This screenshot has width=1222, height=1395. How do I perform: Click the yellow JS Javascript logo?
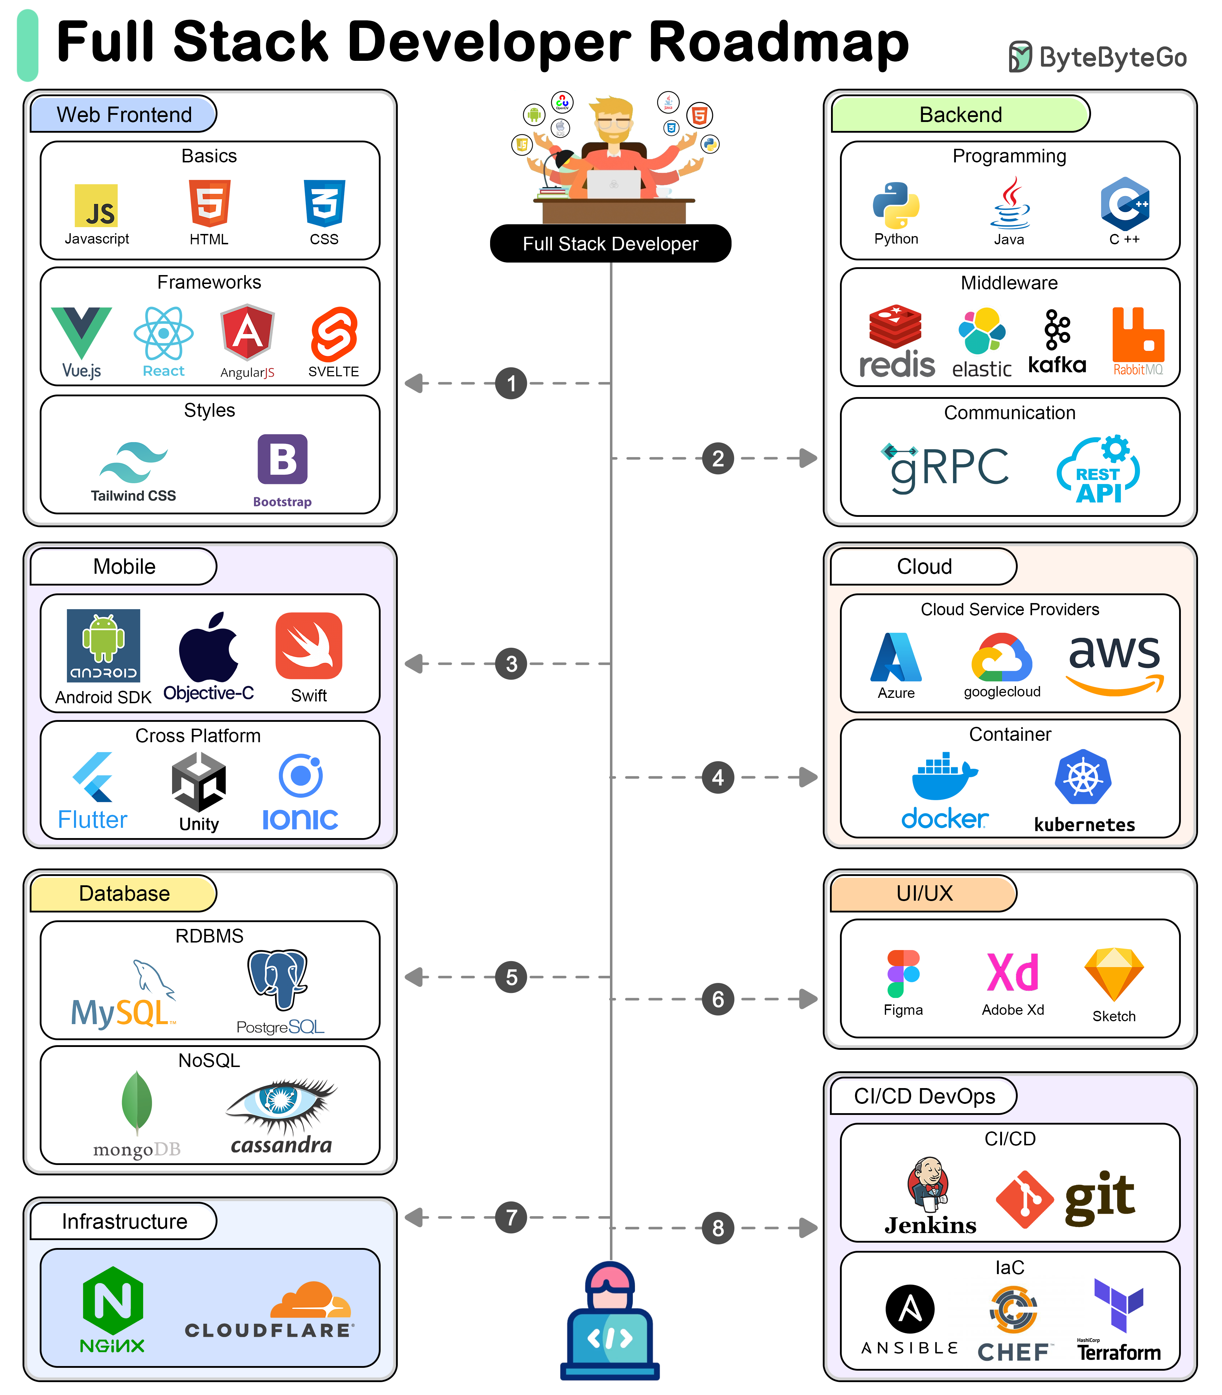point(96,205)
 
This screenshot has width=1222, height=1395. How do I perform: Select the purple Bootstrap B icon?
point(282,459)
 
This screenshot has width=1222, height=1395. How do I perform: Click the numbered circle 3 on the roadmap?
point(512,664)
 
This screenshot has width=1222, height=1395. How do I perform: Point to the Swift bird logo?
point(309,646)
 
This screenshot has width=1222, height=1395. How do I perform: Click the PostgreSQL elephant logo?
point(278,979)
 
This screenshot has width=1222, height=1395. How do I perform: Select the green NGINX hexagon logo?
point(113,1301)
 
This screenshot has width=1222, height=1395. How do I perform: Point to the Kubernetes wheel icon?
point(1083,777)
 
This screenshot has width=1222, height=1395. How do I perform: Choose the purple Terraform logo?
point(1118,1305)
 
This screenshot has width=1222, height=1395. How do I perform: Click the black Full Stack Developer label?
point(610,243)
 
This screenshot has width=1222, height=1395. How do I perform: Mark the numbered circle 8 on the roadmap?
point(718,1228)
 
